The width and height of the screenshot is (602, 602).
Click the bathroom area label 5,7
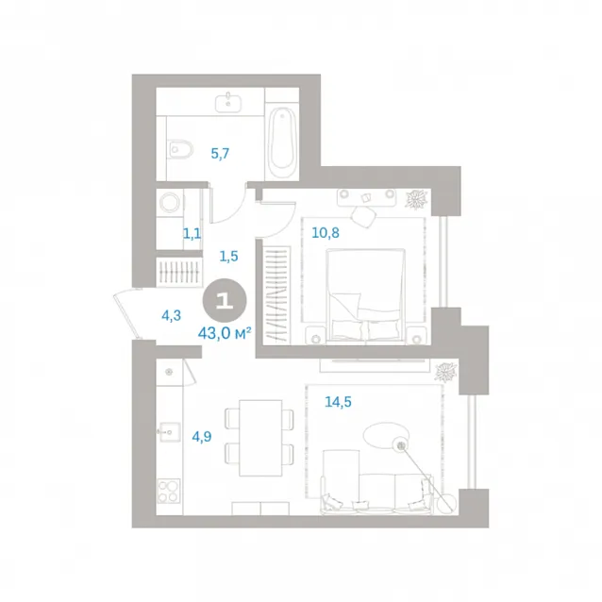tap(220, 154)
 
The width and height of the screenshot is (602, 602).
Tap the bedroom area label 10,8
tap(326, 233)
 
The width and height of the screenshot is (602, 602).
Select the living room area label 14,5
tap(338, 402)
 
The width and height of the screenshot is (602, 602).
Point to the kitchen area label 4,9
tap(202, 437)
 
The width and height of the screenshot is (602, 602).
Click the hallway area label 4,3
tap(171, 315)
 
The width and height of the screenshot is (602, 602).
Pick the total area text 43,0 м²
tap(225, 333)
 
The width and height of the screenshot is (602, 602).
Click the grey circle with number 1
tap(225, 300)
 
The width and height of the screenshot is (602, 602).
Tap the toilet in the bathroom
tap(180, 149)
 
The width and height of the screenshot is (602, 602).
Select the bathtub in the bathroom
tap(282, 142)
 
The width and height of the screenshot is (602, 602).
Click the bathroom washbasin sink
tap(228, 103)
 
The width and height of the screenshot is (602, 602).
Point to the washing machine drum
tap(170, 202)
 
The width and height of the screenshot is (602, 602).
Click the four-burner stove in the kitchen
tap(169, 491)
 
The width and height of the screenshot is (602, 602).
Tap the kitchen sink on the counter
tap(169, 432)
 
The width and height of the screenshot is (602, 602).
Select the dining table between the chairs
tap(260, 438)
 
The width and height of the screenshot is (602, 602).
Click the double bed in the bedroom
tap(365, 294)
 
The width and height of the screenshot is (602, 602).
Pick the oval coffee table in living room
tap(385, 435)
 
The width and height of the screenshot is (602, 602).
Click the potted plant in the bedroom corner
tap(416, 200)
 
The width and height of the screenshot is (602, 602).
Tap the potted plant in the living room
tap(445, 372)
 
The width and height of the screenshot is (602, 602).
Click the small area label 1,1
tap(192, 233)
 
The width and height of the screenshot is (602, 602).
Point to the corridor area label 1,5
tap(229, 256)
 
